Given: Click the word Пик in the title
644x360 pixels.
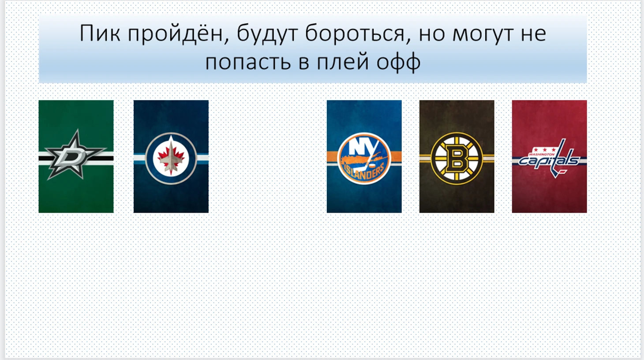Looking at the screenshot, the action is [x=100, y=34].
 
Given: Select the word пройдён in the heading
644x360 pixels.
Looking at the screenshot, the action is [x=178, y=34].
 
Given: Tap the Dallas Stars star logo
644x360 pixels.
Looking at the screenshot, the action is [x=75, y=156].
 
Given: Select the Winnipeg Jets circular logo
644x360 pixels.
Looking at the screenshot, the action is [x=171, y=158].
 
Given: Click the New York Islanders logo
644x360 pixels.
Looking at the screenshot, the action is [x=364, y=158].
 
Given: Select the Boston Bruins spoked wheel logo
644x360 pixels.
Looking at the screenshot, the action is [x=457, y=158].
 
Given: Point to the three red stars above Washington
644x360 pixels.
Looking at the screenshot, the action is [x=544, y=150].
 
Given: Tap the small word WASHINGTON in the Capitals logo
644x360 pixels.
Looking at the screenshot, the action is [x=542, y=154].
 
